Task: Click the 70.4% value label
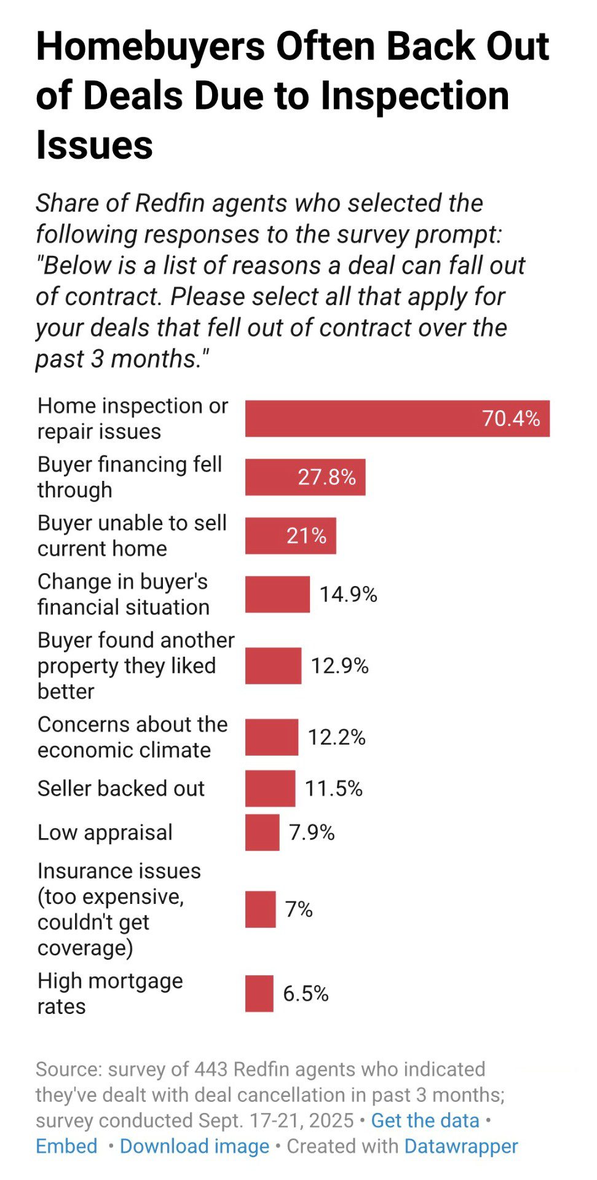coord(511,419)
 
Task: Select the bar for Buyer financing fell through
coord(305,477)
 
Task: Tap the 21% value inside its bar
coord(306,536)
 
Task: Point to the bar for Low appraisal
coord(262,833)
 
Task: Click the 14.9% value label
coord(348,595)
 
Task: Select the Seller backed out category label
coord(121,788)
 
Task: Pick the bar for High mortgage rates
coord(259,994)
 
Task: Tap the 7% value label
coord(299,909)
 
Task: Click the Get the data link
coord(425,1120)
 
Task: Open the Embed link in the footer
coord(66,1146)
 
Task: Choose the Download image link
coord(194,1146)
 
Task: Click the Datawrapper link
coord(461,1146)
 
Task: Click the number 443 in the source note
coord(211,1069)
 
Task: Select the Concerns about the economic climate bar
coord(271,737)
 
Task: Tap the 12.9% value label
coord(339,666)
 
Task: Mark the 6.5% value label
coord(306,994)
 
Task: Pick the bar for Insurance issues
coord(260,909)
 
